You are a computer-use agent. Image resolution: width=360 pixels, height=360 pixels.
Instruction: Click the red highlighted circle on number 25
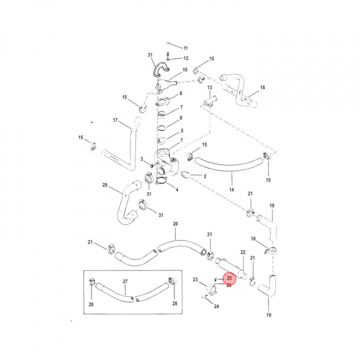click(x=228, y=278)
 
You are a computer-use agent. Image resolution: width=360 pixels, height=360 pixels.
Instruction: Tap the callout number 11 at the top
click(x=185, y=48)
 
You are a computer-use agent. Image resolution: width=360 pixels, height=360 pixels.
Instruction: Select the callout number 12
click(x=185, y=58)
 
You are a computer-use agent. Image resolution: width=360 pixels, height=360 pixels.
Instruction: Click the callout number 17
click(x=115, y=120)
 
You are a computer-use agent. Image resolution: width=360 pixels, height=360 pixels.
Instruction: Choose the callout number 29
click(x=105, y=185)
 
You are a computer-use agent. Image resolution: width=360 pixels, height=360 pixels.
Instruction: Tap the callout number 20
click(x=175, y=223)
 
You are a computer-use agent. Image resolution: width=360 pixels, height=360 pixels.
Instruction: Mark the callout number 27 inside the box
click(x=125, y=281)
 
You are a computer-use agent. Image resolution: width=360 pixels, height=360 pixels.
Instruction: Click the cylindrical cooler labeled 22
click(x=229, y=267)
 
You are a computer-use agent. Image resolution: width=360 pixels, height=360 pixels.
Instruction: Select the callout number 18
click(x=253, y=239)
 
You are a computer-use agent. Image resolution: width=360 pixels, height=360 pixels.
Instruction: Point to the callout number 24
click(x=216, y=306)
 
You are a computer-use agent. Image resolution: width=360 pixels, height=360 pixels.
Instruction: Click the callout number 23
click(x=195, y=279)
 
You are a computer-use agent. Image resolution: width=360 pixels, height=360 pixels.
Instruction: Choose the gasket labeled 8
click(x=164, y=103)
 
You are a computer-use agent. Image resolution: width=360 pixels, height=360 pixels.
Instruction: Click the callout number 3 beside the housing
click(x=142, y=159)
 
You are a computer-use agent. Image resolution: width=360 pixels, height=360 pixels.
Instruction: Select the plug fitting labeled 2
click(x=184, y=175)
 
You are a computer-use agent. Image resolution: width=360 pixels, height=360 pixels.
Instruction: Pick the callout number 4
click(x=176, y=189)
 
